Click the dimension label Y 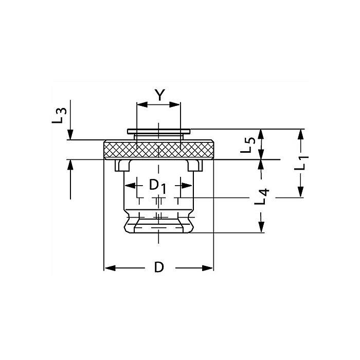(x=159, y=95)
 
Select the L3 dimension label (x=59, y=116)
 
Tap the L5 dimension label (x=248, y=145)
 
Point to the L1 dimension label (x=301, y=163)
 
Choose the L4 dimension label (x=262, y=196)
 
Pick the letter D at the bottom (x=159, y=267)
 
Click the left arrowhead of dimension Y (x=142, y=105)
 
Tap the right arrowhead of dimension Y (x=174, y=105)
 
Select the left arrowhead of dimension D (x=110, y=268)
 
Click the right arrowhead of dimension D (x=208, y=268)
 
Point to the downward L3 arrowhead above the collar (x=70, y=135)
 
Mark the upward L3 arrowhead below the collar (x=70, y=165)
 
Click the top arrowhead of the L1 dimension (x=301, y=135)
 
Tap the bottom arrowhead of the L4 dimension (x=261, y=227)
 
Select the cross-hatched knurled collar (x=159, y=150)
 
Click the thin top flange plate (x=159, y=131)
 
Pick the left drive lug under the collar (x=123, y=165)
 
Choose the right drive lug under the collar (x=195, y=165)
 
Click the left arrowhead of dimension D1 (x=130, y=186)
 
